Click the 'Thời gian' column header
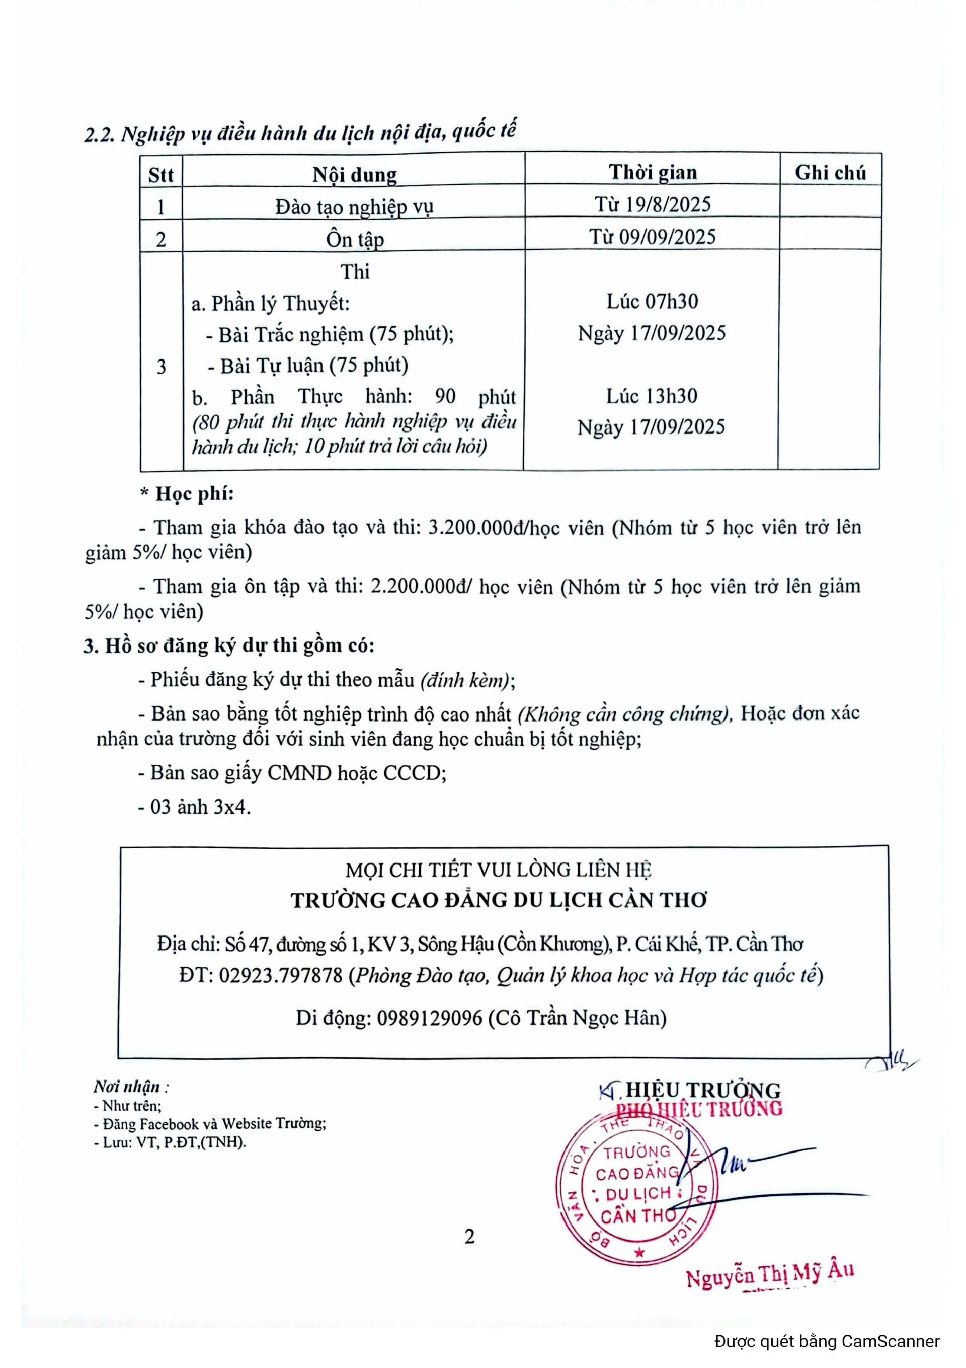click(x=652, y=172)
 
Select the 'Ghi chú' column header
click(x=830, y=172)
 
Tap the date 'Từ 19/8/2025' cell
click(x=652, y=204)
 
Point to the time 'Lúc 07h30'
click(x=652, y=302)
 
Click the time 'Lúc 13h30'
click(x=652, y=396)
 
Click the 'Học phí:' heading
click(x=194, y=494)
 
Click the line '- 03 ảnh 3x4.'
click(x=195, y=807)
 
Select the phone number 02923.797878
click(x=281, y=975)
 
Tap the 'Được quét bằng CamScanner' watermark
click(x=827, y=1341)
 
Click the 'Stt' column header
click(x=161, y=175)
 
